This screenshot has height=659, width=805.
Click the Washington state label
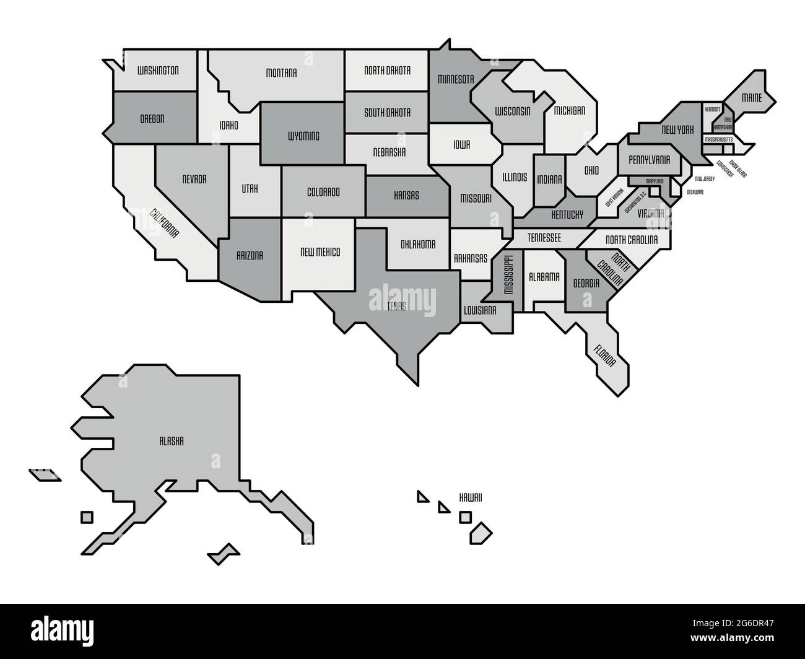[158, 70]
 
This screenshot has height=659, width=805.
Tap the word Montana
[281, 72]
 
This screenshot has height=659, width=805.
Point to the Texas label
[397, 306]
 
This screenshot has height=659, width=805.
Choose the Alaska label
[172, 441]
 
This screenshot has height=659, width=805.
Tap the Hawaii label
[471, 497]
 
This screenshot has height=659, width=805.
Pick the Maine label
[752, 97]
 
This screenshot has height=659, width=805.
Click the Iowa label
[462, 145]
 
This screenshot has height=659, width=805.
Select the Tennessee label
[544, 237]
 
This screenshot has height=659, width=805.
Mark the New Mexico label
[320, 252]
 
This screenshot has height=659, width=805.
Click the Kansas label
[406, 195]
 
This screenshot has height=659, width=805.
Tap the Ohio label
[591, 169]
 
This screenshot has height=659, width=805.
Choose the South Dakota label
[387, 113]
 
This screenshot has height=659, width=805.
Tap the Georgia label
[586, 282]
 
